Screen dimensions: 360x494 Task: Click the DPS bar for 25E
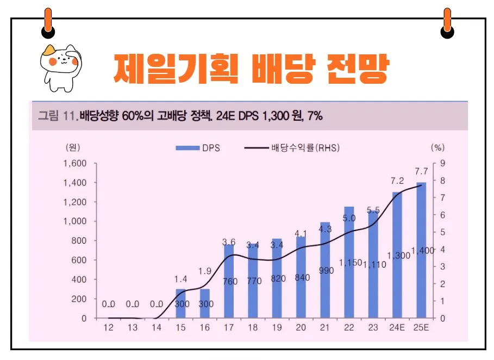(421, 250)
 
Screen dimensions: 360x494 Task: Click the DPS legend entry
(198, 147)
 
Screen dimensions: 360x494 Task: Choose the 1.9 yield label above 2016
(205, 271)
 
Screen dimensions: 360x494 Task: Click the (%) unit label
(437, 147)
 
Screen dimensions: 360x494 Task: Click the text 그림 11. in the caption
(58, 115)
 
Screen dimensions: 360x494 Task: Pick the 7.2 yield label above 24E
(397, 180)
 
